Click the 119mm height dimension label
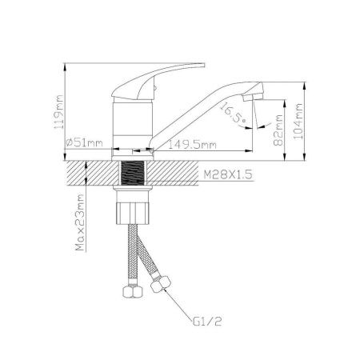[x=58, y=112]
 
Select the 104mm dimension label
[x=298, y=122]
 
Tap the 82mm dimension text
[x=278, y=130]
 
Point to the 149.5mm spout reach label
[x=192, y=145]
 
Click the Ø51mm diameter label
[x=84, y=142]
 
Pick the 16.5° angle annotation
[x=233, y=113]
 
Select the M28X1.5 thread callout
[x=228, y=174]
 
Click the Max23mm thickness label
[x=80, y=222]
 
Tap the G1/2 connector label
[x=207, y=322]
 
